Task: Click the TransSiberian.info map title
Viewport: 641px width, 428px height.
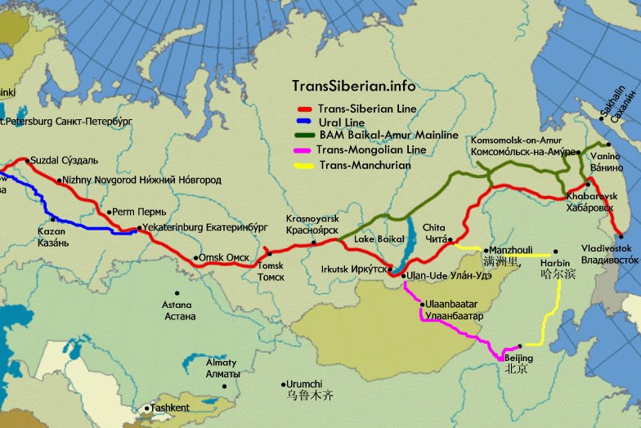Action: (x=353, y=86)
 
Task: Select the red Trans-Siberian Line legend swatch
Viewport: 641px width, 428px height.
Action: (x=307, y=109)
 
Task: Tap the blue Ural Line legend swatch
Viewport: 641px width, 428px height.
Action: (x=307, y=122)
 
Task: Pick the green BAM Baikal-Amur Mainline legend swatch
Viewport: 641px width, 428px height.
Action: (x=307, y=136)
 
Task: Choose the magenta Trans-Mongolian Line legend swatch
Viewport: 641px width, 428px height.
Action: (x=307, y=150)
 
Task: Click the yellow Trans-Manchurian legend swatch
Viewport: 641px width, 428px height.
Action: (x=307, y=165)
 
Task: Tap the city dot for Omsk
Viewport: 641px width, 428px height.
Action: (x=196, y=259)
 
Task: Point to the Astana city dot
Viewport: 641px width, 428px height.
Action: (x=175, y=293)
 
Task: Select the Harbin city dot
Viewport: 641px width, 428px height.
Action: (x=556, y=252)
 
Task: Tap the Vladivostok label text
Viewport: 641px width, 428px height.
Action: (x=609, y=253)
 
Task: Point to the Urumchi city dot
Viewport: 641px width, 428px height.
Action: (x=285, y=383)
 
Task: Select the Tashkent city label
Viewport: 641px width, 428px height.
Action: (x=171, y=408)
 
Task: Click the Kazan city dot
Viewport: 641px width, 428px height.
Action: (x=52, y=219)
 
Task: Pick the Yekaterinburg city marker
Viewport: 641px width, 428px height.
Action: (x=137, y=228)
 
